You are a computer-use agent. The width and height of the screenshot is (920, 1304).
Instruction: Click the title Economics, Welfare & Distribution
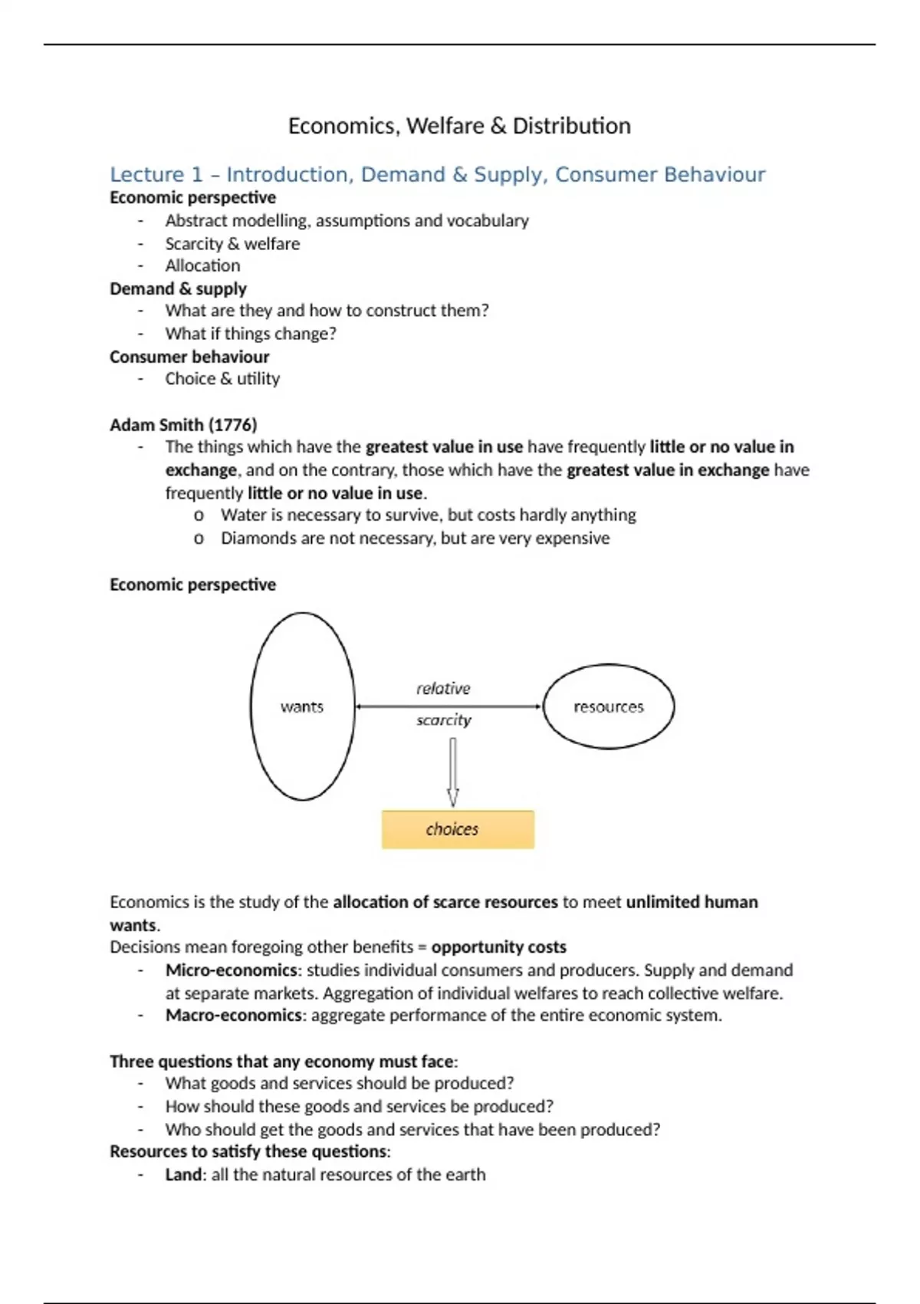[x=459, y=126]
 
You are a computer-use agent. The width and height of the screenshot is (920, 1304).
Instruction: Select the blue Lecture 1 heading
[x=437, y=175]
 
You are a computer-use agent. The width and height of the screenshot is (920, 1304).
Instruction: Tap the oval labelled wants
[x=302, y=706]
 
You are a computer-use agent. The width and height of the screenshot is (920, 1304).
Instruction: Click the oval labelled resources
[x=609, y=706]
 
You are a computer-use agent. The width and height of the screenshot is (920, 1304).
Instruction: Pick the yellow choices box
[x=458, y=829]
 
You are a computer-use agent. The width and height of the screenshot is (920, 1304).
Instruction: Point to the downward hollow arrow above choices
[x=453, y=772]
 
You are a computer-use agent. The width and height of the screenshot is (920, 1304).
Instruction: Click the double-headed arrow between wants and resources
[x=449, y=706]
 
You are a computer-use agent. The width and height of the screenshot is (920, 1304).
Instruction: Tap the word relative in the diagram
[x=443, y=688]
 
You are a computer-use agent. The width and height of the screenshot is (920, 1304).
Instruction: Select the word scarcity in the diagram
[x=443, y=720]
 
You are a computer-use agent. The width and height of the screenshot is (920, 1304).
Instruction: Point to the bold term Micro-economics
[x=231, y=970]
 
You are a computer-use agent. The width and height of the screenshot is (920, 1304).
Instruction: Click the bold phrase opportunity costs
[x=498, y=947]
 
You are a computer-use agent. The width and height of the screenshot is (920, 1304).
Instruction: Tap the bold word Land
[x=183, y=1174]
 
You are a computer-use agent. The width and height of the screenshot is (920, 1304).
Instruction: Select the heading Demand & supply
[x=178, y=289]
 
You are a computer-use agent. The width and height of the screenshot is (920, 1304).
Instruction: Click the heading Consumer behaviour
[x=189, y=357]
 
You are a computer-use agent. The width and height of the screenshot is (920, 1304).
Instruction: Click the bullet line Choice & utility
[x=222, y=379]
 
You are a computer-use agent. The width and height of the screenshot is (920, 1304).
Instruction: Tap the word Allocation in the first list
[x=202, y=265]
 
